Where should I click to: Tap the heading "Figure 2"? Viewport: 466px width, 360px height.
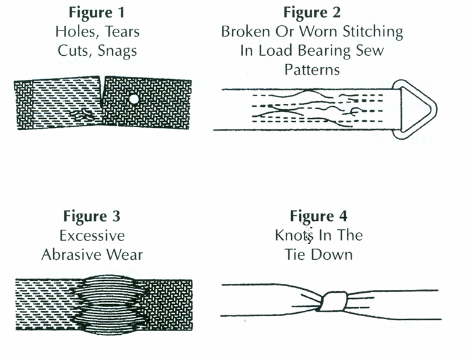[x=312, y=13]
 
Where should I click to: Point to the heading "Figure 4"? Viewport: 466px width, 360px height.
[x=318, y=216]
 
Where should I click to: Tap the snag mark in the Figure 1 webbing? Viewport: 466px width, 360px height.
[x=84, y=115]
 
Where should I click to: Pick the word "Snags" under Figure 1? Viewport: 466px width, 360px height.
[x=119, y=50]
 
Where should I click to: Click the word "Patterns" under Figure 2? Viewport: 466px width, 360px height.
[x=312, y=69]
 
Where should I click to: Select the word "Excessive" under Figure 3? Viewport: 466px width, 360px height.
[x=92, y=235]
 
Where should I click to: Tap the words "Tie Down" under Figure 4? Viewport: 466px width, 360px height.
[x=318, y=254]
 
